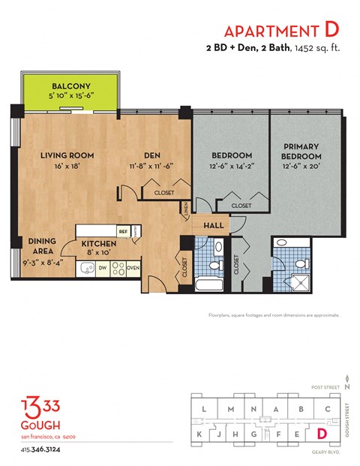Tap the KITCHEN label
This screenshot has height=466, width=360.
click(99, 244)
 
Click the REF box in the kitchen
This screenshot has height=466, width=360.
click(122, 232)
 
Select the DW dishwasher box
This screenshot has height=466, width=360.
click(101, 266)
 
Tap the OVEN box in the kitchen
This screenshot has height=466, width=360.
click(133, 266)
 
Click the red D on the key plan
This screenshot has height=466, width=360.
click(322, 433)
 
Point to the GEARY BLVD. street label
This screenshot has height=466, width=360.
click(326, 452)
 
